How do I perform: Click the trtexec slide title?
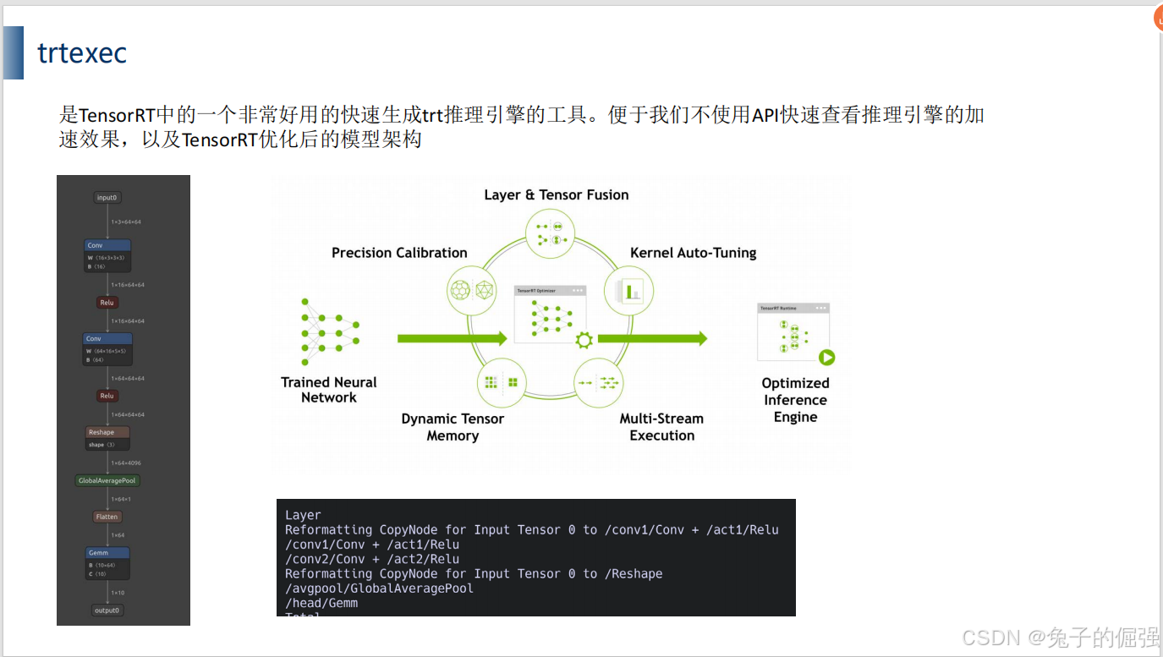[82, 53]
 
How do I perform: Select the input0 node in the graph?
[107, 198]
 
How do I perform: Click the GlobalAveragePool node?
[107, 480]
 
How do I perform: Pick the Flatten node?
[107, 517]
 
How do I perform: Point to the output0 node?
[107, 610]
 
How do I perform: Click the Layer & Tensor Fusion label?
[556, 194]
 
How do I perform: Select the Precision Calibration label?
[399, 253]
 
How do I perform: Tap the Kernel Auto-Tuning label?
[693, 253]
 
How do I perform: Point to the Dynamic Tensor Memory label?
[453, 427]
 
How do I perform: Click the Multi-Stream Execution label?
[661, 427]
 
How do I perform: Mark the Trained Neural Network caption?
[329, 390]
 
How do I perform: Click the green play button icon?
[826, 358]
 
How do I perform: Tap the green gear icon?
[584, 341]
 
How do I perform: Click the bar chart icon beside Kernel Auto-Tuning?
[630, 292]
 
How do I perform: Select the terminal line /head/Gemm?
[321, 603]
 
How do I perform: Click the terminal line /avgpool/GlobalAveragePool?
[379, 589]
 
